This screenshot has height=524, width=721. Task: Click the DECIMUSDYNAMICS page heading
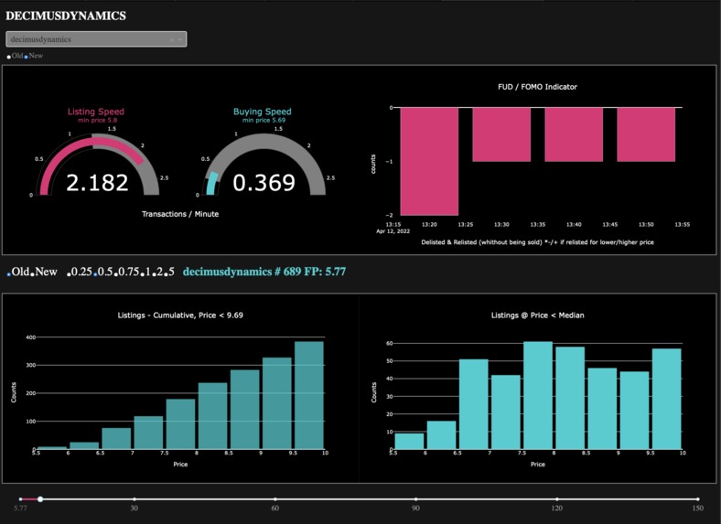pyautogui.click(x=66, y=16)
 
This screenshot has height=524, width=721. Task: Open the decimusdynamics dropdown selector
pyautogui.click(x=96, y=39)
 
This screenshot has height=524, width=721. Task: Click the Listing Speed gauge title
pyautogui.click(x=95, y=112)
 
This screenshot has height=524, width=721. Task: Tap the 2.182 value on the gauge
pyautogui.click(x=97, y=183)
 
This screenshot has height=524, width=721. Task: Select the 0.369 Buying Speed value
pyautogui.click(x=264, y=183)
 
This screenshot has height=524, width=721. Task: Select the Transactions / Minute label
pyautogui.click(x=180, y=214)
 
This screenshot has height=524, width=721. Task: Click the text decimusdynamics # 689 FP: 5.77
pyautogui.click(x=264, y=272)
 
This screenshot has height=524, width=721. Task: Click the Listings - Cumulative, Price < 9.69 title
pyautogui.click(x=180, y=315)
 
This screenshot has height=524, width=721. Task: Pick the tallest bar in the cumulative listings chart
pyautogui.click(x=309, y=397)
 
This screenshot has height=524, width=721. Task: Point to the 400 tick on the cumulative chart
pyautogui.click(x=29, y=337)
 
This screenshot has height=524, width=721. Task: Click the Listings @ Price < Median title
pyautogui.click(x=538, y=315)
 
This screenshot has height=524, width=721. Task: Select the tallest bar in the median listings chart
pyautogui.click(x=538, y=396)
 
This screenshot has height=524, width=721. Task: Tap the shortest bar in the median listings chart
pyautogui.click(x=409, y=442)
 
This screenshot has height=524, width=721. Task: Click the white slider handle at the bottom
pyautogui.click(x=40, y=499)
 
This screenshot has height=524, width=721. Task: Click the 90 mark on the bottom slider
pyautogui.click(x=416, y=499)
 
